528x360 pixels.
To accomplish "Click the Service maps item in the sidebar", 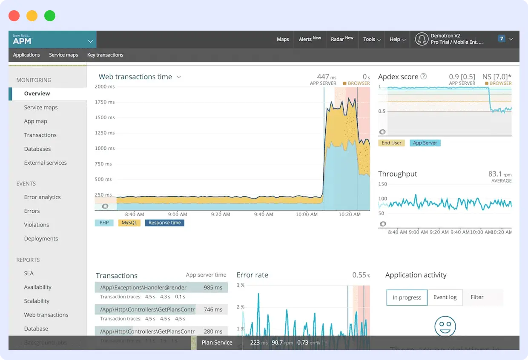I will coord(41,107).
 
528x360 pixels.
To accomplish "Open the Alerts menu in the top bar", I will coord(310,39).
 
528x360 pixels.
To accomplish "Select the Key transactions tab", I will coord(105,55).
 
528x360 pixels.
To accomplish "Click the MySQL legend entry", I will coord(129,223).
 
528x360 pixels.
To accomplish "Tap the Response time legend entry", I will coord(164,223).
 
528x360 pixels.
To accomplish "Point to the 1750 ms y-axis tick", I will coord(105,102).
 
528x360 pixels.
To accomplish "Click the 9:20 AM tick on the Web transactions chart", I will coord(221,214).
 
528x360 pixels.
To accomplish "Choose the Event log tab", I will coord(445,297).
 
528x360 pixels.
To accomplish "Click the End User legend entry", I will coord(391,143).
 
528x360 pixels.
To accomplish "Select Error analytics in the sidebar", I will coord(42,197).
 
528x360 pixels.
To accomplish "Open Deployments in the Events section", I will coord(41,239).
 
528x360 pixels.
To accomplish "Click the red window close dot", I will coord(14,16).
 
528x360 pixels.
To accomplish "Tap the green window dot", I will coord(50,16).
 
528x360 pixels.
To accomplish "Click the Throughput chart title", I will coord(397,174).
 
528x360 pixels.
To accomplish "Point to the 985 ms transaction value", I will coord(213,288).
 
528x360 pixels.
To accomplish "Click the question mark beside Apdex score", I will coord(424,77).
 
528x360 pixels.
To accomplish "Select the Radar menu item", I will coord(342,39).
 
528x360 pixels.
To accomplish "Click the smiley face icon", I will coord(445,327).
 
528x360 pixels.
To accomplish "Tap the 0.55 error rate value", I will coord(360,275).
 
